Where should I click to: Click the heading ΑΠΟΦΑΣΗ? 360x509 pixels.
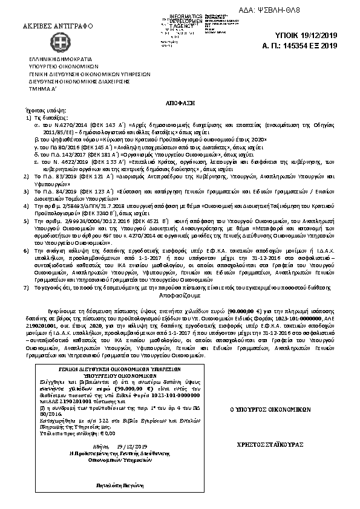click(x=180, y=102)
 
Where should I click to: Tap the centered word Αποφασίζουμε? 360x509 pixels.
click(x=180, y=297)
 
